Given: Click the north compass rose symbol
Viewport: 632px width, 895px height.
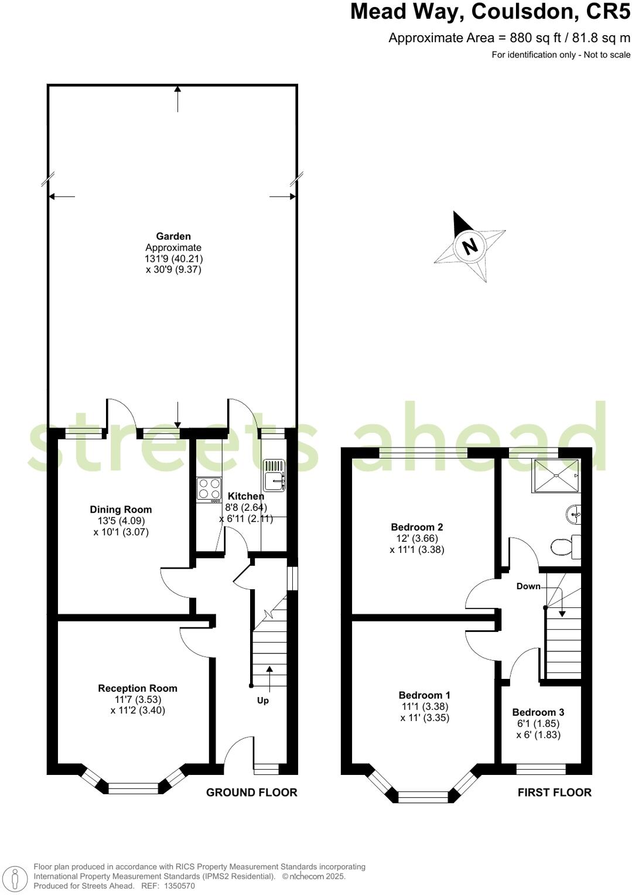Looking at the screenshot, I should click(469, 246).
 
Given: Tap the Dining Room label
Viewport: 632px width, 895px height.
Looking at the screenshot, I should click(121, 510).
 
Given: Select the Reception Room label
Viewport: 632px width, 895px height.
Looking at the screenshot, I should click(138, 688).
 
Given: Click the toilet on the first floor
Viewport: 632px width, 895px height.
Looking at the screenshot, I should click(564, 547).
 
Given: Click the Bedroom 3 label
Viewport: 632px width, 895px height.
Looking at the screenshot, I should click(538, 712).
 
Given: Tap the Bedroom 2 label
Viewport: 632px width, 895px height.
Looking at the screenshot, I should click(417, 527).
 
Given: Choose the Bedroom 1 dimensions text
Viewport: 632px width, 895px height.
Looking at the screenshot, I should click(425, 712).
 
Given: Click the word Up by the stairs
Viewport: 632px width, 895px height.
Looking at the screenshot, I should click(263, 701).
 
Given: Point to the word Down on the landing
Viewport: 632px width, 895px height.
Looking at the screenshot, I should click(528, 586).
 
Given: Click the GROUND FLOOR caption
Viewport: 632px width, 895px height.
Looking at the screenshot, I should click(252, 792).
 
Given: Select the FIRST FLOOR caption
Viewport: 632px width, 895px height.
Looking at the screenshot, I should click(554, 792).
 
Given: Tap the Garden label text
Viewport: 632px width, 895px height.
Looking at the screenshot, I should click(173, 237).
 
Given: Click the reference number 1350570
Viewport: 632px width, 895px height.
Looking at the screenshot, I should click(179, 886).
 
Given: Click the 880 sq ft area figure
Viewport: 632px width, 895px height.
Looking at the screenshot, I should click(532, 39).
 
